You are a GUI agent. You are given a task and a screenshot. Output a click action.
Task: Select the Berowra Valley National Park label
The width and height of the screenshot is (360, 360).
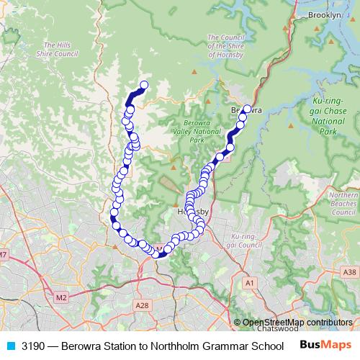point(190,132)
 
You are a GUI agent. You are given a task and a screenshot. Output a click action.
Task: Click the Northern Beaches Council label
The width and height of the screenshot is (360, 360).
point(344,204)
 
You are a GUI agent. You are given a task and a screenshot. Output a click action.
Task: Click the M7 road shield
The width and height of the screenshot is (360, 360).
point(4,254)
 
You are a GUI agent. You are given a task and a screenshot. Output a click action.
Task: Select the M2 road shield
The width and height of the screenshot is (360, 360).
point(60,295)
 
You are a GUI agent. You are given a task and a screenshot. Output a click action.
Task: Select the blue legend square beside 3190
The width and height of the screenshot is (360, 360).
point(10,346)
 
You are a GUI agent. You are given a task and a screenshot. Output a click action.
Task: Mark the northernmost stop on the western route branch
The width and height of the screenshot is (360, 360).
point(143,86)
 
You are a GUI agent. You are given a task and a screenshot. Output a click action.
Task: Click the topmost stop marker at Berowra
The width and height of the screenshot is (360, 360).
point(247,109)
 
